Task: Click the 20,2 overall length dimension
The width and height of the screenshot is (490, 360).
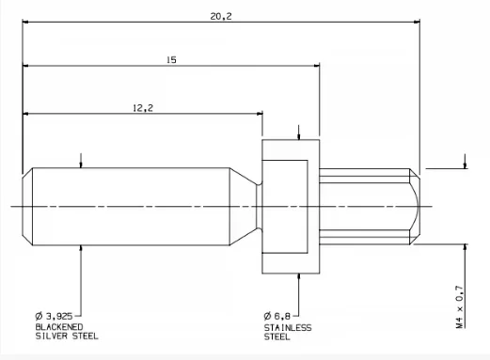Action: (x=221, y=16)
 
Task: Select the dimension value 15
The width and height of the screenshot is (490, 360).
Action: (x=171, y=60)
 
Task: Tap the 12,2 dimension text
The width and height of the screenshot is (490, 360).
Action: (x=143, y=108)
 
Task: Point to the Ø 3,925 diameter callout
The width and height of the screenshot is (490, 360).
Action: (x=54, y=316)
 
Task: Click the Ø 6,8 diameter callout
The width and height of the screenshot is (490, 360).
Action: (x=277, y=316)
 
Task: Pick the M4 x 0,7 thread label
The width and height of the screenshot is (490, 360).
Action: (x=460, y=306)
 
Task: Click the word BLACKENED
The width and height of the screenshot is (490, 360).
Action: (x=59, y=327)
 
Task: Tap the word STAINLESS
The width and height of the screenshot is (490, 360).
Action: (x=288, y=328)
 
